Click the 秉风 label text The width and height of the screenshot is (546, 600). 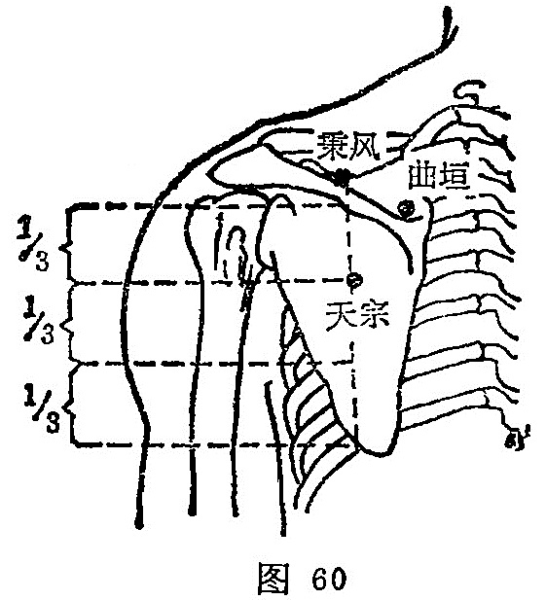click(347, 146)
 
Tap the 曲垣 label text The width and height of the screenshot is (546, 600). click(440, 177)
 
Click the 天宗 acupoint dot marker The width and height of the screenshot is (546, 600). click(354, 280)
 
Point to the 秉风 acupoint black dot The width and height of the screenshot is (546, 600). click(341, 177)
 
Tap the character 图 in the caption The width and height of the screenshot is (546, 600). click(273, 579)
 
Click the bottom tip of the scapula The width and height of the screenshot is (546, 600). click(379, 454)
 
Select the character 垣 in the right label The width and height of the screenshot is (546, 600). click(455, 177)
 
